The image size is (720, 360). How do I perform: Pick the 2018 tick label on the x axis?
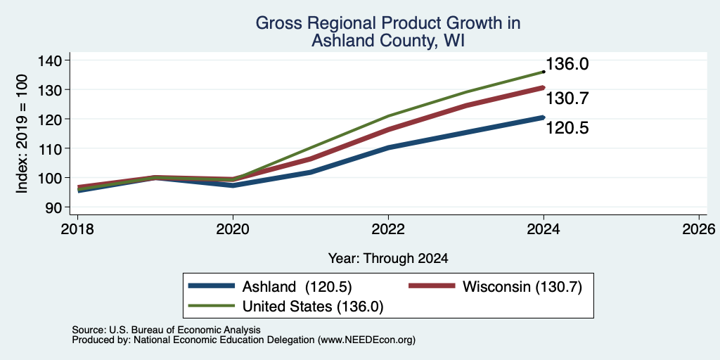coord(77,229)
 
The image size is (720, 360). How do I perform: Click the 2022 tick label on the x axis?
coord(388,229)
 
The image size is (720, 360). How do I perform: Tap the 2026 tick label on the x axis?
coord(699,229)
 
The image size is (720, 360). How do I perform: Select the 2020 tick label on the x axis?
coord(233,229)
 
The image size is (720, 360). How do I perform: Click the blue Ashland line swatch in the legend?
coord(212,287)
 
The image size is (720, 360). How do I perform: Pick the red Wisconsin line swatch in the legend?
coord(432,287)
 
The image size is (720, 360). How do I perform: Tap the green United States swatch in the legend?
coord(212,306)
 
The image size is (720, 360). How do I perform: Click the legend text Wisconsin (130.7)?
coord(522,287)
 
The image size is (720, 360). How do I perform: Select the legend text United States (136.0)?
coord(313,307)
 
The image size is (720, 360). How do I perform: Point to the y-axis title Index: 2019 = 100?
coord(22,134)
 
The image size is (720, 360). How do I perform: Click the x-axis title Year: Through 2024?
coord(388,259)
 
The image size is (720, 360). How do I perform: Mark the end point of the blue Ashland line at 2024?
coord(544,117)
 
